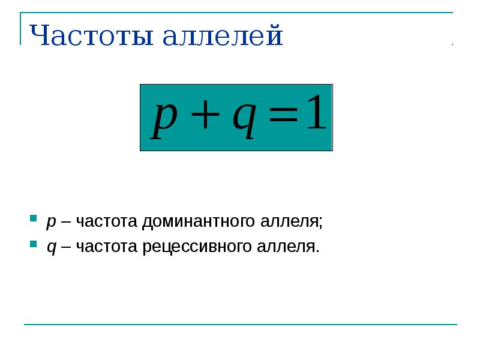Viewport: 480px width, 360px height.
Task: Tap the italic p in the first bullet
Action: coord(51,223)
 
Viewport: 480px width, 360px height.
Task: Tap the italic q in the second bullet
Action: coord(52,248)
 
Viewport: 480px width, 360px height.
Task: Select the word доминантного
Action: coord(199,221)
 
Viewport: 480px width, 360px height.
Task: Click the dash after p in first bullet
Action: coord(66,222)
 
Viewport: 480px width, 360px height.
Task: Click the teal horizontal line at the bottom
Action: coord(240,325)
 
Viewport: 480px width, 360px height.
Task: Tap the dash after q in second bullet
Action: coord(66,247)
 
